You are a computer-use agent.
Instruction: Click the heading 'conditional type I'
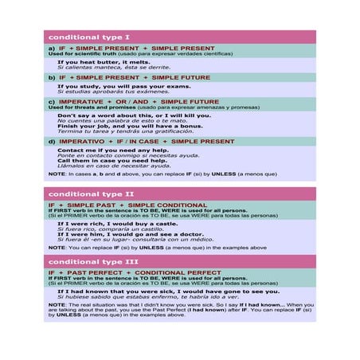point(89,37)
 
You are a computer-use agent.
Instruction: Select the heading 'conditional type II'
point(92,194)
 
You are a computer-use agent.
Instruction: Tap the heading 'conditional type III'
point(93,261)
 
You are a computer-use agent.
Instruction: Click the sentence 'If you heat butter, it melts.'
point(104,61)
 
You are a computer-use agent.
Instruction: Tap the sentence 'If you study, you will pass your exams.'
point(124,86)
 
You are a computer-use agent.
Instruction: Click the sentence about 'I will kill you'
point(134,115)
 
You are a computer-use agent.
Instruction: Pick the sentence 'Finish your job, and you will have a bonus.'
point(130,126)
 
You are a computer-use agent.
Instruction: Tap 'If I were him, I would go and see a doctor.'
point(131,234)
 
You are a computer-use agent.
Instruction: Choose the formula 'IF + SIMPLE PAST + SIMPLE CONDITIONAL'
point(127,205)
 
